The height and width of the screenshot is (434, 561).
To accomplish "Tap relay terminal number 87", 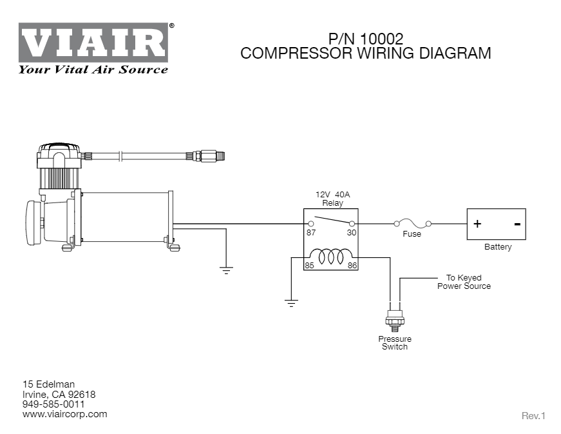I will tap(311, 233).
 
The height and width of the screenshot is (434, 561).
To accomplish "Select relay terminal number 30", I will tap(351, 233).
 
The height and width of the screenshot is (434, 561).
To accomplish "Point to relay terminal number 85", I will tap(309, 265).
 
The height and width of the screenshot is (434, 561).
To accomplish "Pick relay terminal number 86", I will tap(352, 265).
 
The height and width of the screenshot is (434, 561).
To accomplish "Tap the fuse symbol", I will tap(412, 223).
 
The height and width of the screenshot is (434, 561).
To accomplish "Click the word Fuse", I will tap(412, 234).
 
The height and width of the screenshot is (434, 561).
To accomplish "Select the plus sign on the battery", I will tap(477, 224).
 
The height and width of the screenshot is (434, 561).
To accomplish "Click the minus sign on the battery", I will tap(517, 224).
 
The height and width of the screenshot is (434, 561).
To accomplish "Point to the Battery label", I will tap(497, 247).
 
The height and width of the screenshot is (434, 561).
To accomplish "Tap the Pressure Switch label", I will tap(394, 342).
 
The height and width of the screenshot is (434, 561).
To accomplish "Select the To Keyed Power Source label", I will tap(464, 282).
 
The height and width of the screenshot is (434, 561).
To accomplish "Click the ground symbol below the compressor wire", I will tap(226, 270).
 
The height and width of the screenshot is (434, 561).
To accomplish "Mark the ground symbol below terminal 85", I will tap(291, 302).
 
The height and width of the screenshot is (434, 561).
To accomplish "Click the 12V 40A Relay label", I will tap(332, 198).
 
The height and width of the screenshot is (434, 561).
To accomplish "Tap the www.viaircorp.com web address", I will tap(65, 414).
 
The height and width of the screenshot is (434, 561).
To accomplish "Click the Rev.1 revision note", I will tap(533, 416).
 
